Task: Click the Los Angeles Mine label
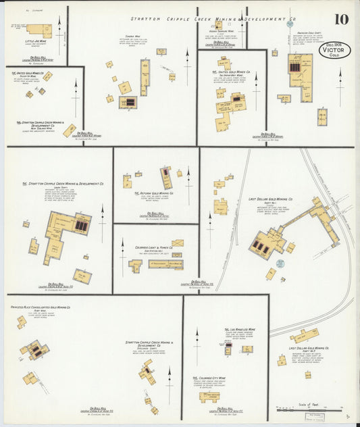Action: pyautogui.click(x=239, y=329)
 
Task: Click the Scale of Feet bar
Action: pyautogui.click(x=311, y=410)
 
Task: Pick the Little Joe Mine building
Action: pyautogui.click(x=39, y=30)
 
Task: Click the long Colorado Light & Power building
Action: pyautogui.click(x=165, y=264)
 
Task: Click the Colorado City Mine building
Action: pyautogui.click(x=209, y=397)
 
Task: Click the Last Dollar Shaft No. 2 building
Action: pyautogui.click(x=304, y=335)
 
